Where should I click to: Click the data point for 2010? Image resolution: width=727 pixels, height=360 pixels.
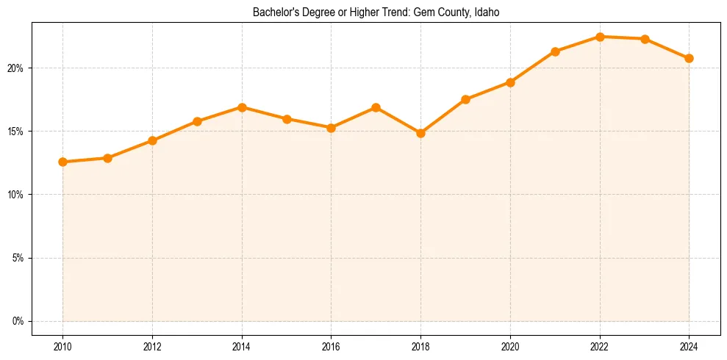click(x=62, y=162)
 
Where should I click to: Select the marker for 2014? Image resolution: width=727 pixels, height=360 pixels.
click(x=242, y=107)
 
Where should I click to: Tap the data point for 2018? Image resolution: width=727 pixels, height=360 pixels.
click(x=420, y=134)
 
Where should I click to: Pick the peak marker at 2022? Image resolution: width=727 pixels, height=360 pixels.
click(x=600, y=37)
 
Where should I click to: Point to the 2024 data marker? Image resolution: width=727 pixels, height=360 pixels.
click(x=689, y=58)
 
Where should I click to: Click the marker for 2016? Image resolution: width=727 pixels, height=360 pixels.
click(x=332, y=128)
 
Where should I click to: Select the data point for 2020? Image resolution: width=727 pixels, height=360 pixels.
click(x=510, y=82)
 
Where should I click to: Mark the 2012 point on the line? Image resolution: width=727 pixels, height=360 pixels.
click(x=152, y=140)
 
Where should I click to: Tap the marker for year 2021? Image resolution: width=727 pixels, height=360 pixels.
click(x=555, y=51)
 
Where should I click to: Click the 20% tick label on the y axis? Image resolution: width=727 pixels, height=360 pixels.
click(x=16, y=68)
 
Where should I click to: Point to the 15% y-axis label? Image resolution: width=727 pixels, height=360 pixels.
click(x=16, y=132)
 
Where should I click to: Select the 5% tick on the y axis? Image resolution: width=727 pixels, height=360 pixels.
click(x=18, y=258)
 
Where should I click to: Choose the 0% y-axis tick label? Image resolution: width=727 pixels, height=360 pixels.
click(x=18, y=321)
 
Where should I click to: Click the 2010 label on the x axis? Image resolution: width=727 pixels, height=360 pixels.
click(x=62, y=346)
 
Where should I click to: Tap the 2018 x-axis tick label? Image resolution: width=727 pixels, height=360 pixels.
click(x=420, y=346)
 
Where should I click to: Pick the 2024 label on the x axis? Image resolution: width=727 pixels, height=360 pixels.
click(x=689, y=346)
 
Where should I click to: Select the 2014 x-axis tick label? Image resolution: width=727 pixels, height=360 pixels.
click(x=242, y=346)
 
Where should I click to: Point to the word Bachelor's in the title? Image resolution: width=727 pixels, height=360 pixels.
click(x=273, y=12)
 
